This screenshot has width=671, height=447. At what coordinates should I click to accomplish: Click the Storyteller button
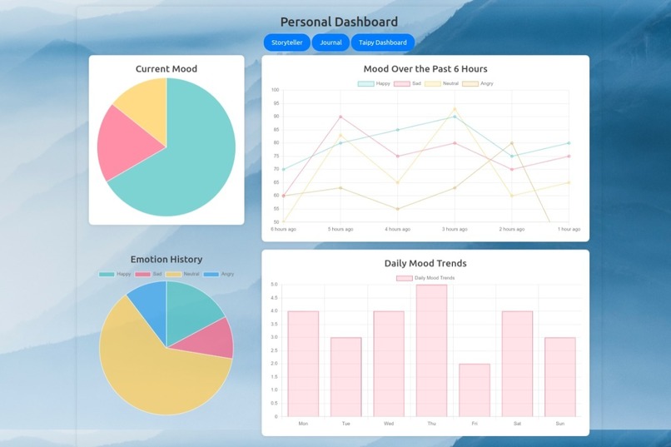click(287, 42)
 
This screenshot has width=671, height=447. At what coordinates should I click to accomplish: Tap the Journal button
click(331, 42)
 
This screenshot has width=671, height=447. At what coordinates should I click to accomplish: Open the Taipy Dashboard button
click(383, 42)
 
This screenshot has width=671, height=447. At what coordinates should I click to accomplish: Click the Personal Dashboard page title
click(339, 22)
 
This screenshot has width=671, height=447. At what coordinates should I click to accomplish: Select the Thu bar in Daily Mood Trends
click(431, 350)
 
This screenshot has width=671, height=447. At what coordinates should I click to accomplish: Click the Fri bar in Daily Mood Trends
click(475, 390)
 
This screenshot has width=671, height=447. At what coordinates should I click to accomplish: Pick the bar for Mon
click(303, 364)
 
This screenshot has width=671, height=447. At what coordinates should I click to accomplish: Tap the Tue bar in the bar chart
click(345, 376)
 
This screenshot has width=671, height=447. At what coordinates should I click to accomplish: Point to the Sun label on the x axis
click(559, 424)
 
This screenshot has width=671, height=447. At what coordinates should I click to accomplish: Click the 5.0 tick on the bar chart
click(274, 285)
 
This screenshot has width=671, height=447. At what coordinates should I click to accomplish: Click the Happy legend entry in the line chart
click(375, 83)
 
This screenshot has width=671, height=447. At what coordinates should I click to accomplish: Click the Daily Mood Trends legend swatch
click(405, 278)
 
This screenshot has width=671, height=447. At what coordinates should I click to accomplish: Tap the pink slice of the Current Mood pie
click(121, 143)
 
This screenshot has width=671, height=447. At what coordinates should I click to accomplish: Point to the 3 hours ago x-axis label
click(455, 229)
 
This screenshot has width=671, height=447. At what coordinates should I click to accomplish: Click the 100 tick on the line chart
click(275, 90)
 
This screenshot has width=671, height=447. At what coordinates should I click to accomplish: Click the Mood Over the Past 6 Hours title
click(425, 69)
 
